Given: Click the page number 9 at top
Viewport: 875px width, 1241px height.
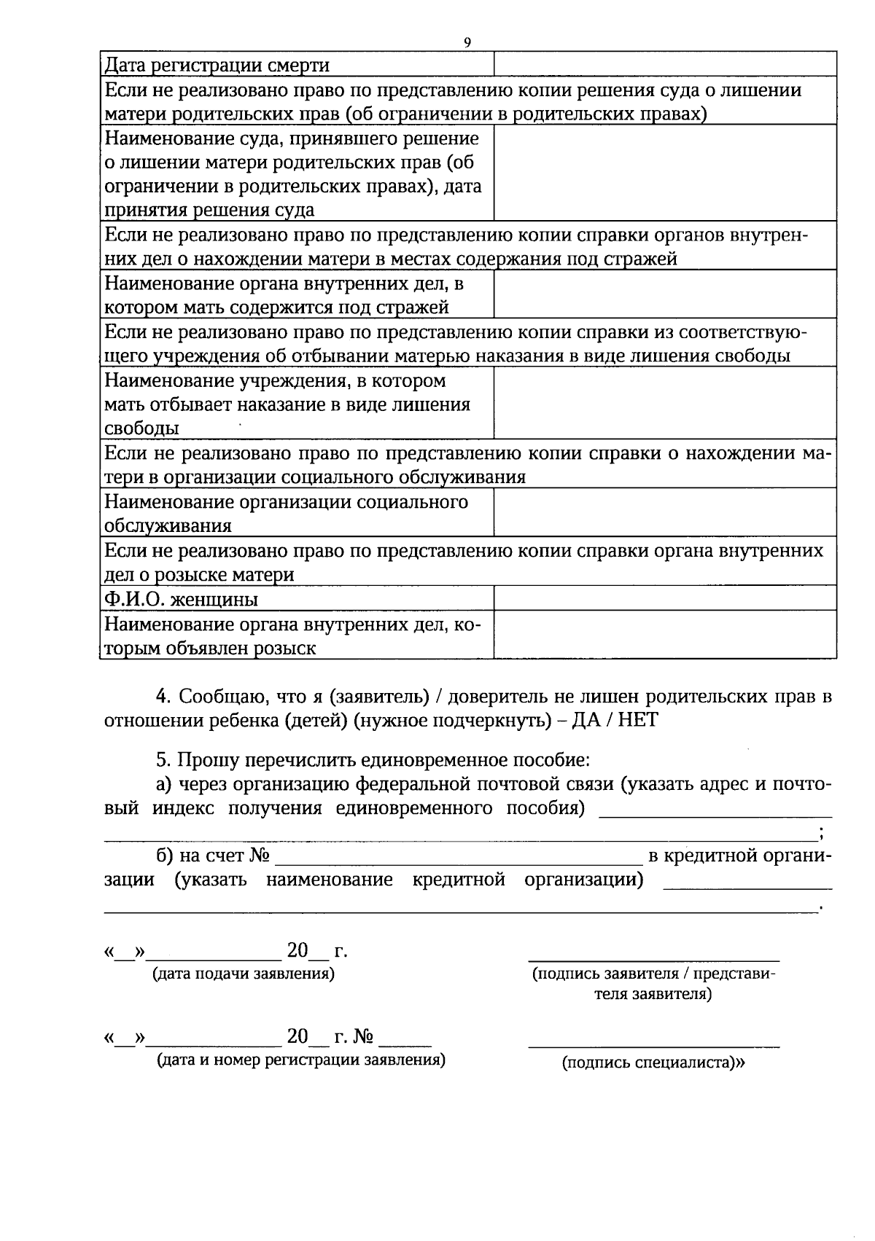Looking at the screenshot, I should point(467,42).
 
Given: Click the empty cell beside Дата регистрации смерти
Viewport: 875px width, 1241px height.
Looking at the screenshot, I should point(664,64).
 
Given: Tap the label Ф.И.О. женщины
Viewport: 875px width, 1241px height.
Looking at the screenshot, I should point(182,599).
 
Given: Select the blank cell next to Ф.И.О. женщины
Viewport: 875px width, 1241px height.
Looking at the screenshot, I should point(664,598).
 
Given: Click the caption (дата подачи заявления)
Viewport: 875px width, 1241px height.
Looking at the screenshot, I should point(243,974).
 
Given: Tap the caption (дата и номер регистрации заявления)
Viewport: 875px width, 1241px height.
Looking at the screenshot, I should point(301,1060).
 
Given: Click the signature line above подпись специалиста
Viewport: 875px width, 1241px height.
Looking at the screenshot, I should point(653,1046).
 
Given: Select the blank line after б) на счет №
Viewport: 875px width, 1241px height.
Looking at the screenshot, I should point(458,863).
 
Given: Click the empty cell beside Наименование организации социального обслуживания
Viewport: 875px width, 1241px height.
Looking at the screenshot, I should point(664,512).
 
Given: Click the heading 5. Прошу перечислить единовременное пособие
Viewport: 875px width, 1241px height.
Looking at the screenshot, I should point(373,760).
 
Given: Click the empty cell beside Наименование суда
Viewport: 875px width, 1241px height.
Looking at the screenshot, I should point(664,173).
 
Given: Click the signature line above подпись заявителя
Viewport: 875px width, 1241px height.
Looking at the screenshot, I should point(653,961).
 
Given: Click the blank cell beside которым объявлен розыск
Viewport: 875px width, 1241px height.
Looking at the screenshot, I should point(664,635).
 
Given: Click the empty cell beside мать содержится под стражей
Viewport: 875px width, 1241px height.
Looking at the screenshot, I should point(664,294).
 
